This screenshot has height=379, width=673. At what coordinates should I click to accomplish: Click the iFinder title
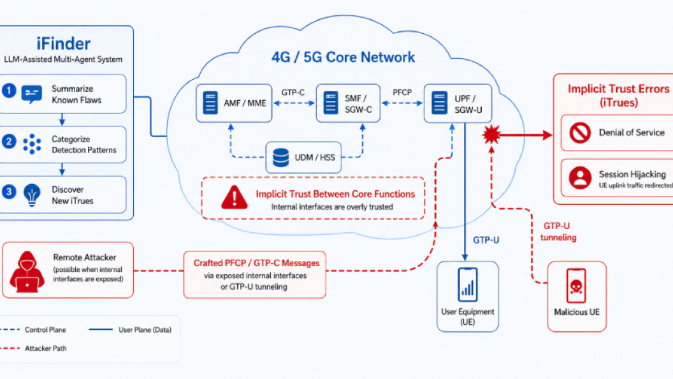click(63, 44)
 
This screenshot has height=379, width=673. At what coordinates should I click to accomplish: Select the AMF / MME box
click(234, 103)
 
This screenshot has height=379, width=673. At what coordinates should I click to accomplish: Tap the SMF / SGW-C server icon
click(331, 103)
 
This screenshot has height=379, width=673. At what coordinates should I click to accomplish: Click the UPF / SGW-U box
click(458, 103)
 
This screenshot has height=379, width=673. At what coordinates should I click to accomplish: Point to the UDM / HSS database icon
click(280, 157)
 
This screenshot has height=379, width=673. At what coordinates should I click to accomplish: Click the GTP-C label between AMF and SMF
click(293, 93)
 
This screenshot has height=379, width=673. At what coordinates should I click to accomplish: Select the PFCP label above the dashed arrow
click(402, 93)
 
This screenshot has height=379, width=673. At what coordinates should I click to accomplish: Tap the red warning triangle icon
click(235, 197)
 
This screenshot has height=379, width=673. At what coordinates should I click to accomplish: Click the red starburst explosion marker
click(491, 135)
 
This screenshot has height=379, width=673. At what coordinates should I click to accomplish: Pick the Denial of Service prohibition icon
click(580, 132)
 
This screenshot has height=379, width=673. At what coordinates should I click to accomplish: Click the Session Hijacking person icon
click(580, 177)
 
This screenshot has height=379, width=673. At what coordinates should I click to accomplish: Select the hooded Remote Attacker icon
click(27, 272)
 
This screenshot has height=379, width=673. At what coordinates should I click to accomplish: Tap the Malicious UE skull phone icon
click(576, 286)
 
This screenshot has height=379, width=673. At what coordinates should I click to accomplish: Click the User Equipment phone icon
click(467, 285)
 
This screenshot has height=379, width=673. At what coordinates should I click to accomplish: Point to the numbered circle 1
click(9, 91)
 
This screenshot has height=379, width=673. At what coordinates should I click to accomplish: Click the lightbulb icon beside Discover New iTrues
click(32, 195)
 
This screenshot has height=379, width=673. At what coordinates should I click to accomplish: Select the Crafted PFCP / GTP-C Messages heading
click(257, 263)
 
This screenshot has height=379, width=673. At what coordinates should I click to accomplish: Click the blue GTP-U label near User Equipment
click(486, 240)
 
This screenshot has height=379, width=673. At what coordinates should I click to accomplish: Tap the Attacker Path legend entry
click(34, 348)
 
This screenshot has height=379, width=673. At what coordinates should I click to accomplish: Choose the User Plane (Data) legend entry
click(130, 330)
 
